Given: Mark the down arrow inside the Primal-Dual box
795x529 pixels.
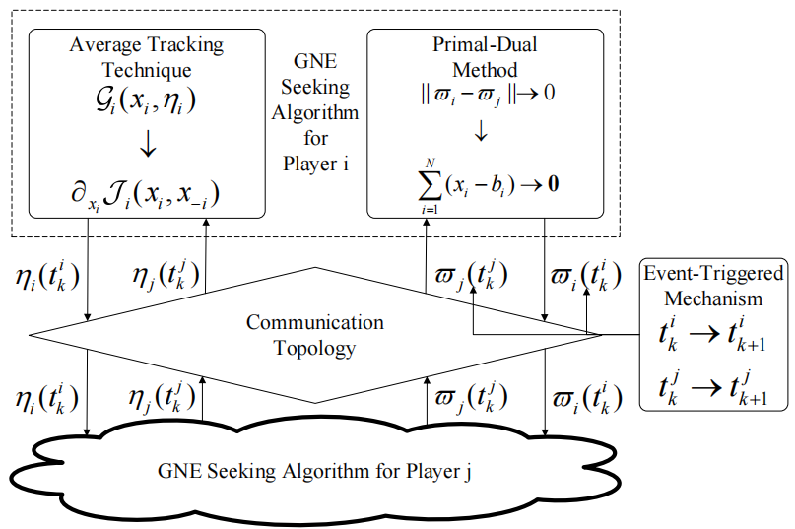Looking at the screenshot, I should tap(482, 132).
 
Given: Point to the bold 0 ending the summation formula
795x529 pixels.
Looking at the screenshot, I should tap(557, 182).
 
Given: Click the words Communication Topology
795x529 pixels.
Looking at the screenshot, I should tap(314, 335).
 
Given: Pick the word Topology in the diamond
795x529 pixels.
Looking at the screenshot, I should tap(314, 348).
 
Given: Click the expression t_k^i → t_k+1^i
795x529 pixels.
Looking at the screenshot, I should tap(712, 336).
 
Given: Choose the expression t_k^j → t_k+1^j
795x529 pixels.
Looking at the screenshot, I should tap(712, 388).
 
